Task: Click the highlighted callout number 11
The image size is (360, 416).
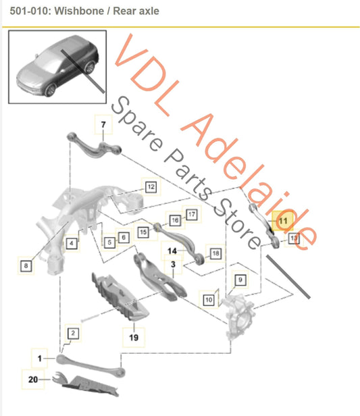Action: tap(282, 220)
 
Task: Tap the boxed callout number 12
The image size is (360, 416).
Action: tap(151, 186)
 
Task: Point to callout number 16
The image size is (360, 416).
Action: tap(174, 219)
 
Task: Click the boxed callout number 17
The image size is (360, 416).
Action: tap(191, 215)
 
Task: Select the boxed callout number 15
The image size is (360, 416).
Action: tap(143, 232)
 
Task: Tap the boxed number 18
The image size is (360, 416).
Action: tap(215, 253)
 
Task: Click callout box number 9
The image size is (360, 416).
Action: tap(240, 279)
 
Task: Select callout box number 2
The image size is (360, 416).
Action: tap(72, 332)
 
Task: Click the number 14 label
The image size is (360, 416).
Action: tap(172, 250)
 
